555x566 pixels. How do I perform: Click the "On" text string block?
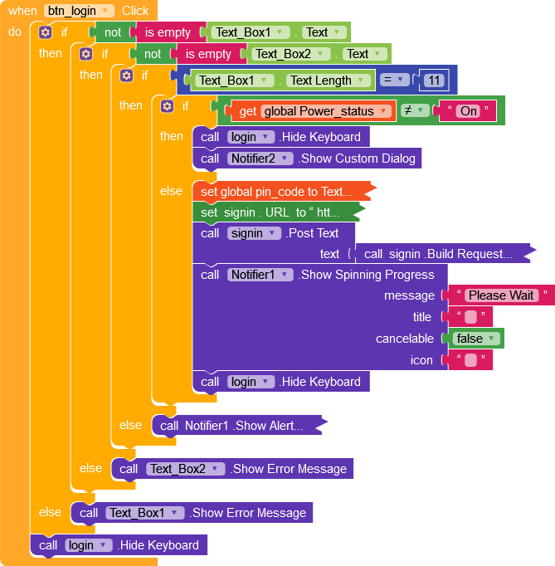pos(470,110)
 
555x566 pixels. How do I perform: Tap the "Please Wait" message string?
pos(500,295)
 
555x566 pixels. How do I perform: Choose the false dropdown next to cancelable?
pos(478,339)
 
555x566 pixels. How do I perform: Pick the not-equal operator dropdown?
pos(412,110)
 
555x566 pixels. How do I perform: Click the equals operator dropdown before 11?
pos(396,81)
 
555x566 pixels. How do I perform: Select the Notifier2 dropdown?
pos(260,158)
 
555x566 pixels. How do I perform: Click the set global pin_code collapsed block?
pos(277,192)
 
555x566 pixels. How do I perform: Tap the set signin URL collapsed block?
pos(270,212)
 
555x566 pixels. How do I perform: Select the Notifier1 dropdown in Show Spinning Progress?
pos(260,275)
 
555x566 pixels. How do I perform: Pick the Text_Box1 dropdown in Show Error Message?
pos(145,513)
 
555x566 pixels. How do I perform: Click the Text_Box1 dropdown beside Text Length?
pos(235,81)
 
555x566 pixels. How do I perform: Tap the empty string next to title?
pos(470,317)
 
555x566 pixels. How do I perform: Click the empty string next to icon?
pos(470,360)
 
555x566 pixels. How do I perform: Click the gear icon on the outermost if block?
pos(45,32)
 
